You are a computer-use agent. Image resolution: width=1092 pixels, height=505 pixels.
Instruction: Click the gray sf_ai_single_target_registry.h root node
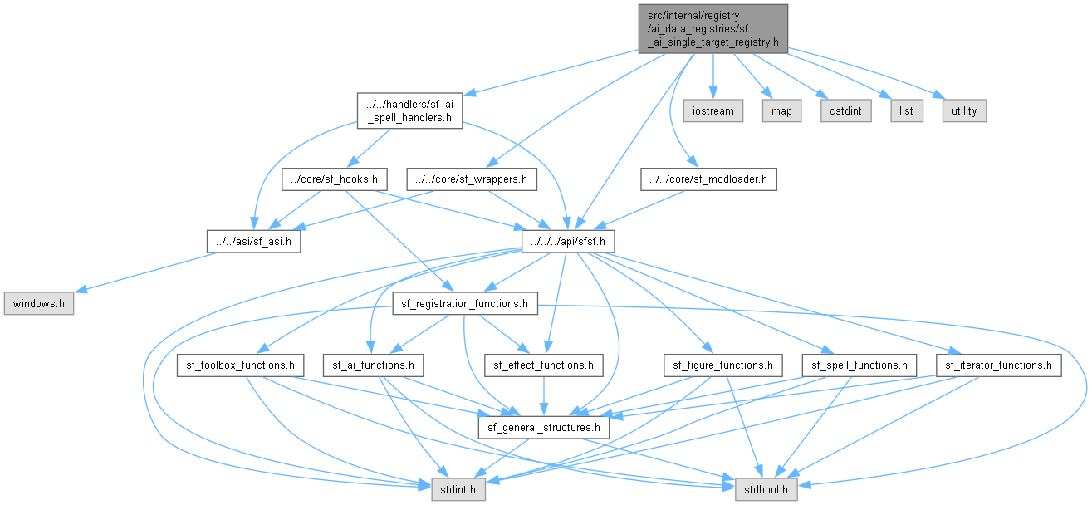pos(713,29)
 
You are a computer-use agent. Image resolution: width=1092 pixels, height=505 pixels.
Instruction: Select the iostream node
pos(713,111)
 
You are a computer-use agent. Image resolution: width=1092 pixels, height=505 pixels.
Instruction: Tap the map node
pos(781,111)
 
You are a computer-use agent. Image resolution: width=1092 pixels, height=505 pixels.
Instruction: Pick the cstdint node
pos(846,111)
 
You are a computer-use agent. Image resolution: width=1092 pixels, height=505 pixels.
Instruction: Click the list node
pos(907,111)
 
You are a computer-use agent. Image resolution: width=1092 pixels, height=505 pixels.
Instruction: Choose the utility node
pos(964,111)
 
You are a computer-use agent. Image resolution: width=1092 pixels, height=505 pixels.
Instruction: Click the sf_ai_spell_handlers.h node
pos(409,111)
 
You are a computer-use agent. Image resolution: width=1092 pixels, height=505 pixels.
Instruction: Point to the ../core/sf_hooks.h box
pos(335,179)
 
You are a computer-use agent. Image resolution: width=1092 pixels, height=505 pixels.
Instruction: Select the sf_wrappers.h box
pos(472,179)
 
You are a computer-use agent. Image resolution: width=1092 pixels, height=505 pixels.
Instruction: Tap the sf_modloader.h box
pos(708,179)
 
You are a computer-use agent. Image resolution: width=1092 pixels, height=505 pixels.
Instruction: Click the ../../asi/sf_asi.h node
pos(253,242)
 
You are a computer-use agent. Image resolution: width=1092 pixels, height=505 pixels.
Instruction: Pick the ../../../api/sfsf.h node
pos(568,242)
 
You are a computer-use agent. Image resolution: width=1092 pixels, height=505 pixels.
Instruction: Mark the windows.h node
pos(39,304)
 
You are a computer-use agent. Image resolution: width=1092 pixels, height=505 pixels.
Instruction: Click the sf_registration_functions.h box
pos(465,304)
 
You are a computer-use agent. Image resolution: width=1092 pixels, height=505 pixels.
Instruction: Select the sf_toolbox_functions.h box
pos(240,365)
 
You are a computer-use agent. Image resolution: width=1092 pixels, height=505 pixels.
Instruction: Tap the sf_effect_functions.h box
pos(544,365)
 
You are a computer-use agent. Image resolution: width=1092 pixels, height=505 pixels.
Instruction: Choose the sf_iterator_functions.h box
pos(998,365)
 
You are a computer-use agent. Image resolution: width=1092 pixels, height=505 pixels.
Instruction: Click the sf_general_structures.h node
pos(544,428)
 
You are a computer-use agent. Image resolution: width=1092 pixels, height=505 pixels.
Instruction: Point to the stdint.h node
pos(458,489)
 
